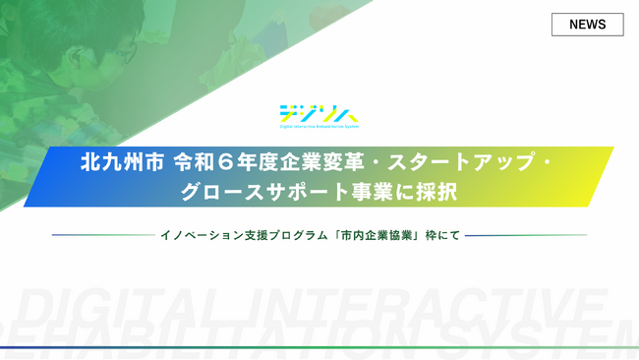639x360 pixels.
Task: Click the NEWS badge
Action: tap(587, 25)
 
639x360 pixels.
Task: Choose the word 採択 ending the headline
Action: tap(434, 190)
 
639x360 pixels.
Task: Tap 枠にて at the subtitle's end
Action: tap(443, 235)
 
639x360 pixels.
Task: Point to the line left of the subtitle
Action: tap(98, 235)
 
